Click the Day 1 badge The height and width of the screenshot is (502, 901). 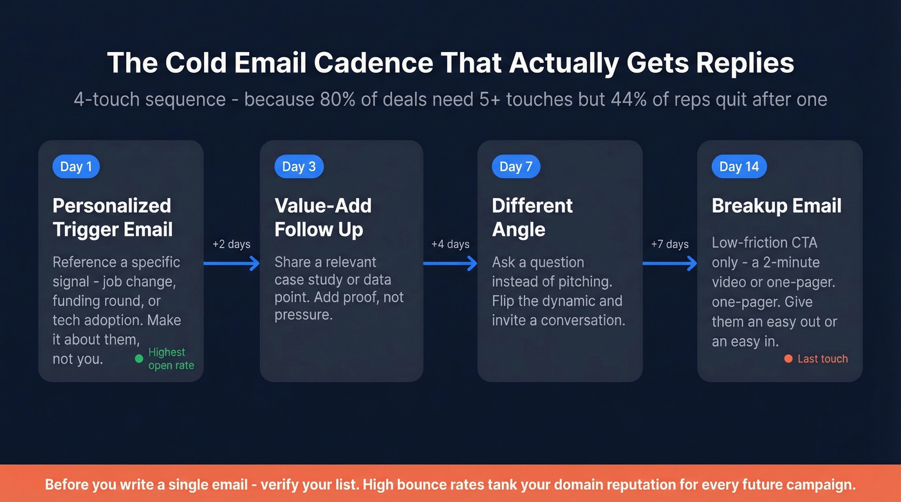76,166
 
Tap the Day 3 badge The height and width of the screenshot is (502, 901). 299,166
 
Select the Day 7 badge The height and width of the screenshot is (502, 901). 516,166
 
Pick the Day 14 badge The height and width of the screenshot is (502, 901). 739,166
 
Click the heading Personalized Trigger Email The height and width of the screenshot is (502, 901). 113,217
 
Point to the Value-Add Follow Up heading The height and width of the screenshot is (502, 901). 323,217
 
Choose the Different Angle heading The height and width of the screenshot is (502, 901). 532,217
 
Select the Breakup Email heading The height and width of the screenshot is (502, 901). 776,206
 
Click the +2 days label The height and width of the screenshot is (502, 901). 231,244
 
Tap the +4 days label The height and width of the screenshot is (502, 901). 450,244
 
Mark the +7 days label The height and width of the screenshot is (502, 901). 669,244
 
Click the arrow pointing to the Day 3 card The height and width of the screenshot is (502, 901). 231,263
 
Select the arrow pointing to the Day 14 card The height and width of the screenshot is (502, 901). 669,263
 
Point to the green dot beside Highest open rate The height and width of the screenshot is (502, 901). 139,359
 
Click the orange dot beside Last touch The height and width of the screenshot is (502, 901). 788,359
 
